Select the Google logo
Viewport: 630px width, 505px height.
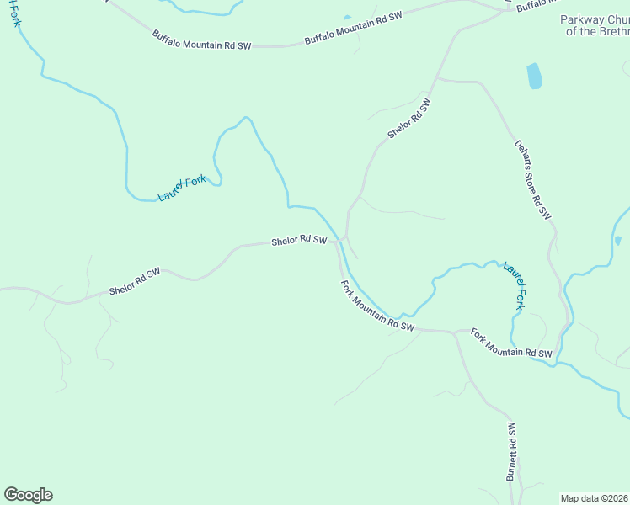(x=28, y=495)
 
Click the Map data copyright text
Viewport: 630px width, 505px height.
(x=595, y=498)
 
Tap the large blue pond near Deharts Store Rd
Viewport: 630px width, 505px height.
(x=534, y=76)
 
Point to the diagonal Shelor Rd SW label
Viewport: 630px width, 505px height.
(x=409, y=119)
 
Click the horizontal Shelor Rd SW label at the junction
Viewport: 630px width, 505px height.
(x=299, y=241)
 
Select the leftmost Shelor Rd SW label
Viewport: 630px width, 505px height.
(x=135, y=282)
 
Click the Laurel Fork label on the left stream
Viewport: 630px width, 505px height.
(x=181, y=188)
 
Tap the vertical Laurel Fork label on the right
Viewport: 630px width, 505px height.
(x=515, y=286)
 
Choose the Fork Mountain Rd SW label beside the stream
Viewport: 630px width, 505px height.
(x=378, y=306)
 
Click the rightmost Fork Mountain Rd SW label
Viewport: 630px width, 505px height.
(x=511, y=343)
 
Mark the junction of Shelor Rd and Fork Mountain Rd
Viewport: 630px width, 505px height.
(x=339, y=242)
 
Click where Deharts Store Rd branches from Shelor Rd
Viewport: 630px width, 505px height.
(x=435, y=79)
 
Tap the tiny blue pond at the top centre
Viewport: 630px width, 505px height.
(x=347, y=16)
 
